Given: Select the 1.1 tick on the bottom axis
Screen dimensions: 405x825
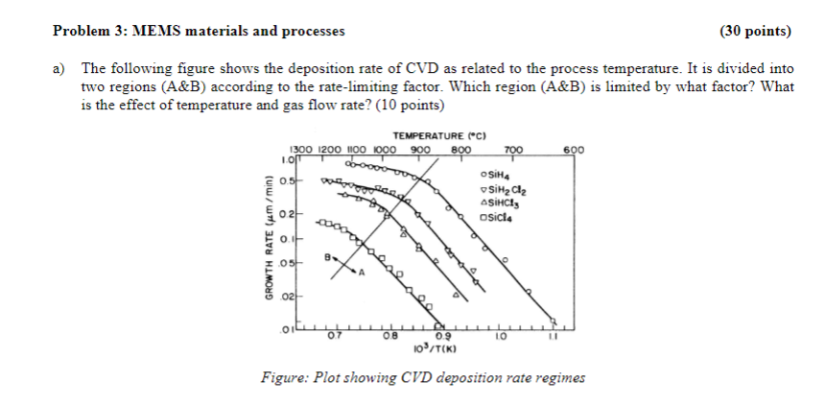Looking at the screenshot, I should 554,336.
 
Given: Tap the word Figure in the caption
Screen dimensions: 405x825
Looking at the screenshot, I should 285,376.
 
